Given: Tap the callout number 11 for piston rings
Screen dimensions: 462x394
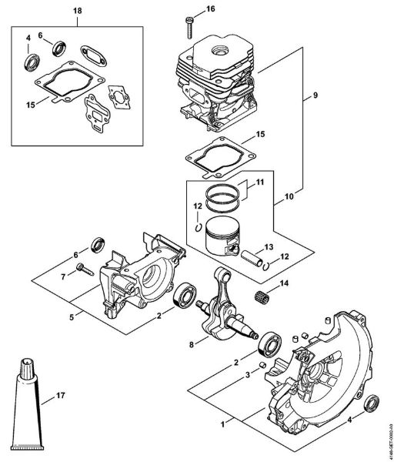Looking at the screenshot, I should (x=259, y=182).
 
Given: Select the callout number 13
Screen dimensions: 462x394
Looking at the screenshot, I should (x=269, y=246).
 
